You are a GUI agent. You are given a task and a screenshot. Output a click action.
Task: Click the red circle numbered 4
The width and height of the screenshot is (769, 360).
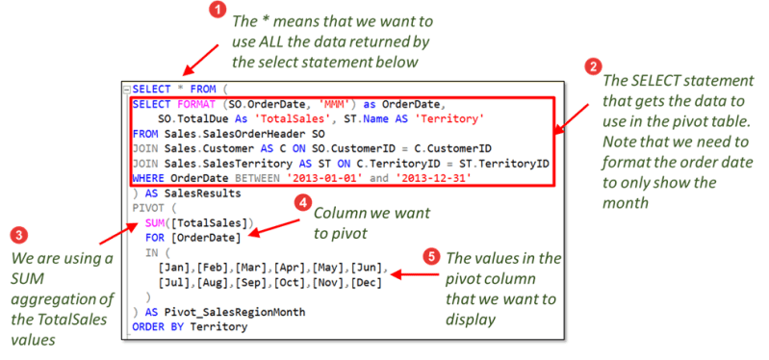point(301,204)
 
